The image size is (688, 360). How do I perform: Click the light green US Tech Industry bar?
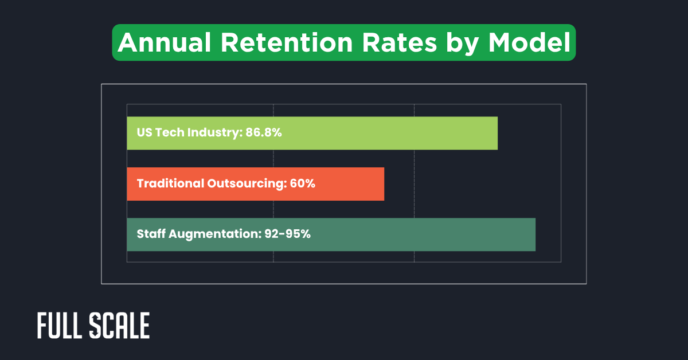point(390,133)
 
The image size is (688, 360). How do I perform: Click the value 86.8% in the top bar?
point(264,133)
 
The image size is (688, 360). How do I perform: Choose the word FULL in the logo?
point(60,326)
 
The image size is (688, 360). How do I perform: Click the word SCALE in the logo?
point(120,326)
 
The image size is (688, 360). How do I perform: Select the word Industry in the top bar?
point(217,133)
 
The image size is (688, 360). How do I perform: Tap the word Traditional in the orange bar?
point(170,184)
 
